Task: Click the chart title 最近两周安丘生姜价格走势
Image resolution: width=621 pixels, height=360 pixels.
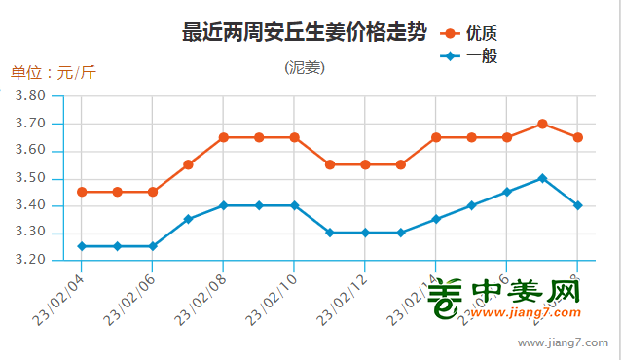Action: coord(304,33)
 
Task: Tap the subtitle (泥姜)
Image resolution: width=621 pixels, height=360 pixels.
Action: coord(305,68)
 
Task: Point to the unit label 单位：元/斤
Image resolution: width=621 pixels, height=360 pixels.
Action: coord(54,73)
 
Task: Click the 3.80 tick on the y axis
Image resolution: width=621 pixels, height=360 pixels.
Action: coord(32,96)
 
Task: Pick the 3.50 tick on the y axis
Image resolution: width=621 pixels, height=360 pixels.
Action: coord(32,178)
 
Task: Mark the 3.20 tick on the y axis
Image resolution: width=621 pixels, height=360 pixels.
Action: coord(32,260)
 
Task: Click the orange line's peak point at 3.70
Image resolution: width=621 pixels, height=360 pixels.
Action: coord(542,124)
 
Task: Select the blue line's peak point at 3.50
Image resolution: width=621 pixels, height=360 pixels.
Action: coord(542,178)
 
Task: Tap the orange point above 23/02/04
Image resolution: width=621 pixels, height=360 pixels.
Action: coord(82,192)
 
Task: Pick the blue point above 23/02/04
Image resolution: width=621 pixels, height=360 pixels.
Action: coord(82,246)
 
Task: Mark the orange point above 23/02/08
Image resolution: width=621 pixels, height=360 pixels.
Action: coord(223,137)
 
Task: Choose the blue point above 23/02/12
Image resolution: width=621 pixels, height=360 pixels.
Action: coord(365,233)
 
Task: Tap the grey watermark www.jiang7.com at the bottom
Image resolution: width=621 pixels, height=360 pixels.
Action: coord(563,343)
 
